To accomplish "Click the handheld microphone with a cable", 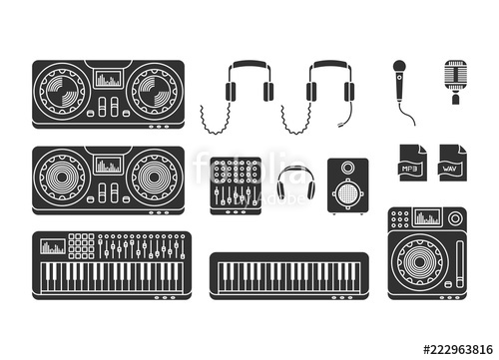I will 401,88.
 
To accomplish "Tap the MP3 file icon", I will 411,163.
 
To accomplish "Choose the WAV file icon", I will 452,163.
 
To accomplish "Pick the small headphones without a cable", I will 295,183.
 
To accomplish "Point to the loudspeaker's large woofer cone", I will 347,193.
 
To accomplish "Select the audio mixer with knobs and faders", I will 236,184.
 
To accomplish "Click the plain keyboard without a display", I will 288,275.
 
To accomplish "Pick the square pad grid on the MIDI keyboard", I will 82,245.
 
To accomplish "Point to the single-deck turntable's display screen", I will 428,217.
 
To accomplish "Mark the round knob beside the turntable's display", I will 399,217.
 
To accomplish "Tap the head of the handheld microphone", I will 399,68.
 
